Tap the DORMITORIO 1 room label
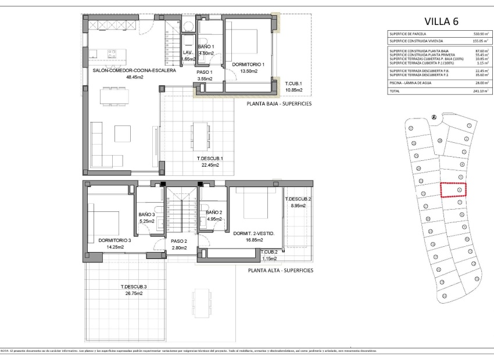tap(248, 64)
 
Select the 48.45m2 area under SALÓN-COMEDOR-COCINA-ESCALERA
tap(134, 77)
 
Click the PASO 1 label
tap(204, 72)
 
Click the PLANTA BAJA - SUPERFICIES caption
tap(280, 103)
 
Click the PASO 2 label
tap(178, 241)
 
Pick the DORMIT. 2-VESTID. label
tap(253, 233)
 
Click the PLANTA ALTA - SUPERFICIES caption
tap(280, 271)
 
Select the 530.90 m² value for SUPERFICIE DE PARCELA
tap(480, 34)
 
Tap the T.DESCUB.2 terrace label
tap(298, 199)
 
